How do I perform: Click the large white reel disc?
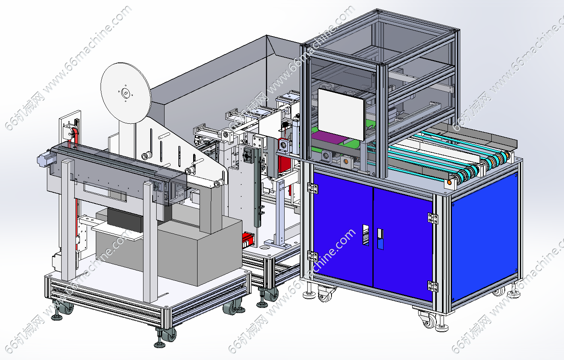(x=126, y=93)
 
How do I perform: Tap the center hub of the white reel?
(x=125, y=93)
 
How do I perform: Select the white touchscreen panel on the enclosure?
(x=341, y=114)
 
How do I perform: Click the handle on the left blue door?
(x=366, y=235)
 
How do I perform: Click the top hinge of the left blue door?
(x=312, y=188)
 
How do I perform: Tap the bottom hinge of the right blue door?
(x=432, y=286)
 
